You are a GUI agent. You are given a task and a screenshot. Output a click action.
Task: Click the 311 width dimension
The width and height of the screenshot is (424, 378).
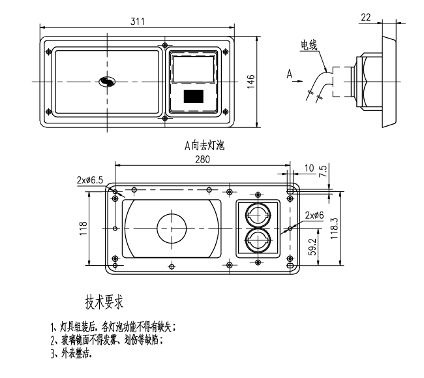[137, 22]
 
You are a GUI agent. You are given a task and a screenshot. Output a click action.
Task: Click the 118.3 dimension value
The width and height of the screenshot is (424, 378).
[335, 228]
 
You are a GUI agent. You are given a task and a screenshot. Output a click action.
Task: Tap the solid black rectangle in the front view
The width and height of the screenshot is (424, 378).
[193, 97]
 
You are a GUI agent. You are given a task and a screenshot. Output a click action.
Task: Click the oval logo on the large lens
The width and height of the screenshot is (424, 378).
[106, 81]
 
